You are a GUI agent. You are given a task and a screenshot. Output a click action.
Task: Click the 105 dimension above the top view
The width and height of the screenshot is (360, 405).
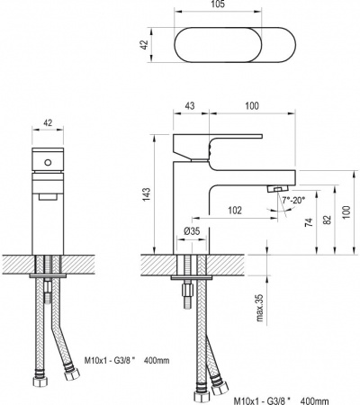(x=218, y=4)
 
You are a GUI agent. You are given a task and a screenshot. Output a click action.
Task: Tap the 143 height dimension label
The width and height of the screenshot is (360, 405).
(x=147, y=194)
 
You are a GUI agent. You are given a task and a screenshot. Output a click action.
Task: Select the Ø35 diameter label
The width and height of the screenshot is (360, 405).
(x=192, y=231)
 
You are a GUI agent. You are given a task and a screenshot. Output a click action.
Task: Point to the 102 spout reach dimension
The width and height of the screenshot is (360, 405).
(x=235, y=211)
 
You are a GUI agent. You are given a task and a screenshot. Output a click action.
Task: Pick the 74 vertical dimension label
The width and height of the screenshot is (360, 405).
(x=309, y=222)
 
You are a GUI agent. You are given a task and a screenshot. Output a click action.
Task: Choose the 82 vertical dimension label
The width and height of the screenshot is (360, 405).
(x=328, y=220)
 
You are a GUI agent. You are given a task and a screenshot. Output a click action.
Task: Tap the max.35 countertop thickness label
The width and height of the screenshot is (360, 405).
(x=259, y=308)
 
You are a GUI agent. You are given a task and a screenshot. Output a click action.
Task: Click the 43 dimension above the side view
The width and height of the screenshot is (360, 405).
(x=190, y=105)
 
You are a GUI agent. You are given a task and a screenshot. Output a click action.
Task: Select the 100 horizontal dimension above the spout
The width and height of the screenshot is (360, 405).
(x=252, y=105)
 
